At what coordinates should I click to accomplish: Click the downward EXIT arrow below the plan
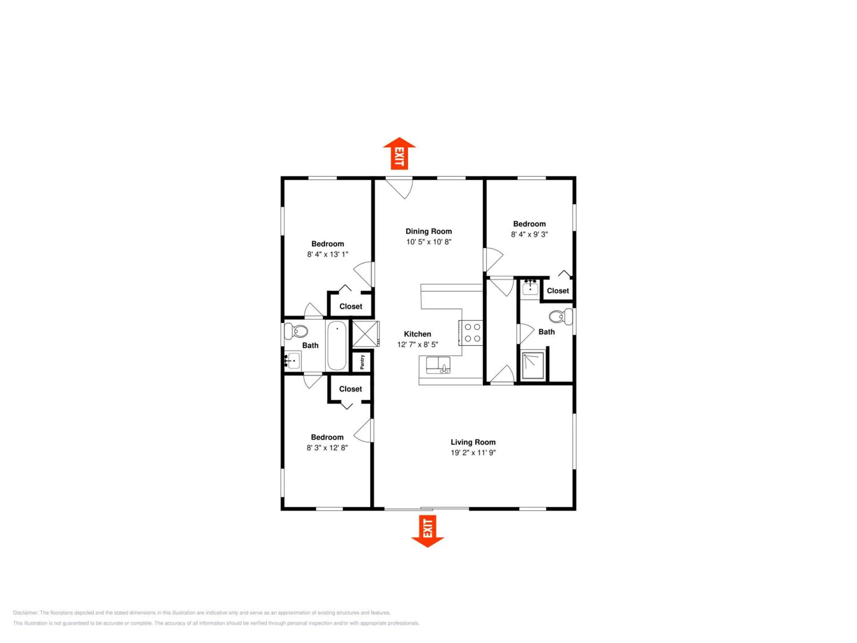(427, 531)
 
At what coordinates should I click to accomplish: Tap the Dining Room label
(428, 231)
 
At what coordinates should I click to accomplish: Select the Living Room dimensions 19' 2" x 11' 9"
(473, 453)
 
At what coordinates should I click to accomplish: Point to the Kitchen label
(417, 334)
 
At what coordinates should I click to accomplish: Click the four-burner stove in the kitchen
(471, 333)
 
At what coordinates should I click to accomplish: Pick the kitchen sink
(438, 365)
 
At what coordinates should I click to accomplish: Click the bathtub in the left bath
(337, 346)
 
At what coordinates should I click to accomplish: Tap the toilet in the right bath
(560, 317)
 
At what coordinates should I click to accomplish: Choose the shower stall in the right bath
(533, 366)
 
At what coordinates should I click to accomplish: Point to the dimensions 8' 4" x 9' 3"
(529, 235)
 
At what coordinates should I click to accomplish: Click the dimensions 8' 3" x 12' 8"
(327, 448)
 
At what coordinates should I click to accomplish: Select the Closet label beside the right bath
(558, 291)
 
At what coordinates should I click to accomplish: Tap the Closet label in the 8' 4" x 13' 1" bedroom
(351, 307)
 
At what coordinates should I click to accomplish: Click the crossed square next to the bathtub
(365, 334)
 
